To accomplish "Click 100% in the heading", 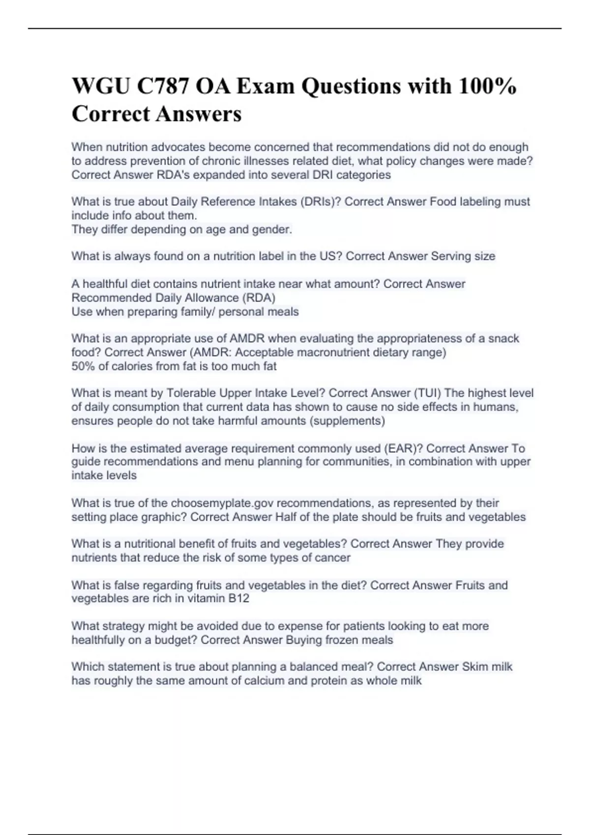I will [x=487, y=86].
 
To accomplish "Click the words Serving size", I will [x=463, y=256].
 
